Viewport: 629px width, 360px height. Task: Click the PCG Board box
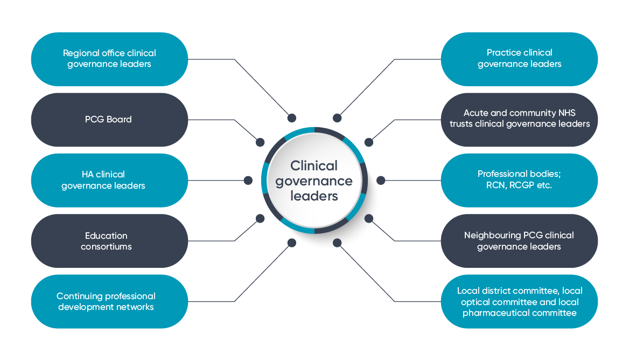tap(109, 120)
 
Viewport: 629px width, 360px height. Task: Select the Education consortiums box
tap(109, 241)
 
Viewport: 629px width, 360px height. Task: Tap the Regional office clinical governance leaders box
tap(109, 59)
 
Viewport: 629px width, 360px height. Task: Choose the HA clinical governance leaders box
tap(109, 180)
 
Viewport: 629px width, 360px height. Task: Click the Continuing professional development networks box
tap(109, 301)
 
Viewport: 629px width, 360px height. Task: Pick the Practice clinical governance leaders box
tap(519, 59)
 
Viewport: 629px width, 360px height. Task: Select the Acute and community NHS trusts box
tap(519, 119)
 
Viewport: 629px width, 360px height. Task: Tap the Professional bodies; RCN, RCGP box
tap(519, 180)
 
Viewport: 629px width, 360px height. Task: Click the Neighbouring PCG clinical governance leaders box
tap(519, 241)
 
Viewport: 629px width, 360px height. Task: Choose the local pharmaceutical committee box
tap(519, 301)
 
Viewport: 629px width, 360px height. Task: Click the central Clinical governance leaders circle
tap(314, 181)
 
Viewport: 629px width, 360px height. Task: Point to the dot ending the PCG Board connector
tap(260, 142)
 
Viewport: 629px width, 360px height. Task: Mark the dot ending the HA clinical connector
tap(248, 180)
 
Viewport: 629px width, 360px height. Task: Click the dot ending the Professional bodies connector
tap(380, 180)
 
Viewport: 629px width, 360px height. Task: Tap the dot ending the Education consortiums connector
tap(260, 218)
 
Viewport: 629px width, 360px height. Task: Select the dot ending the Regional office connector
tap(292, 118)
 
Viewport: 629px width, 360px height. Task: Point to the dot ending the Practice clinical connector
tap(337, 118)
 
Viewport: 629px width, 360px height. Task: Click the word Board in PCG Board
tap(119, 120)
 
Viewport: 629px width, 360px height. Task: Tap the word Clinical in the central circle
tap(314, 165)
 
